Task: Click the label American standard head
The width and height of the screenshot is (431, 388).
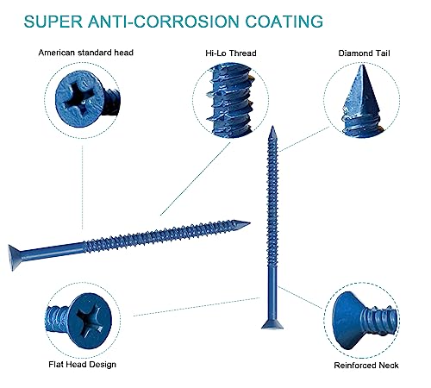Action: [86, 53]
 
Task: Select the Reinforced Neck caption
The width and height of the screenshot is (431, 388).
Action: [365, 365]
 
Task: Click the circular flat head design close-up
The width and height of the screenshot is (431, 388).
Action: [78, 316]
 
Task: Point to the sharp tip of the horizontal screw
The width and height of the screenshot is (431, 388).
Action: [247, 223]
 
